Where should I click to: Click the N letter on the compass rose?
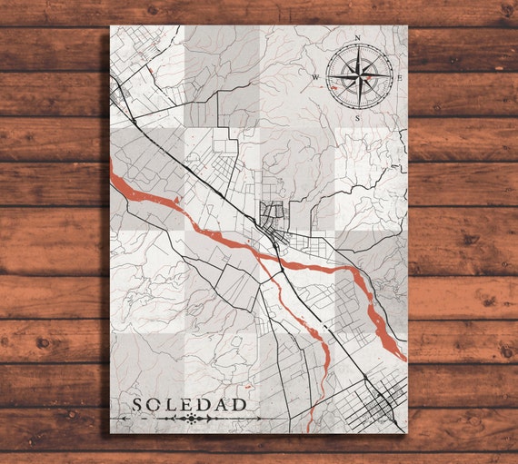tap(357, 37)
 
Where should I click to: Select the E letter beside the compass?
tap(398, 77)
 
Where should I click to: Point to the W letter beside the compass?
tap(316, 77)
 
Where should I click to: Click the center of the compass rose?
tap(357, 77)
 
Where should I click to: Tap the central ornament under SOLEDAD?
tap(191, 419)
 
